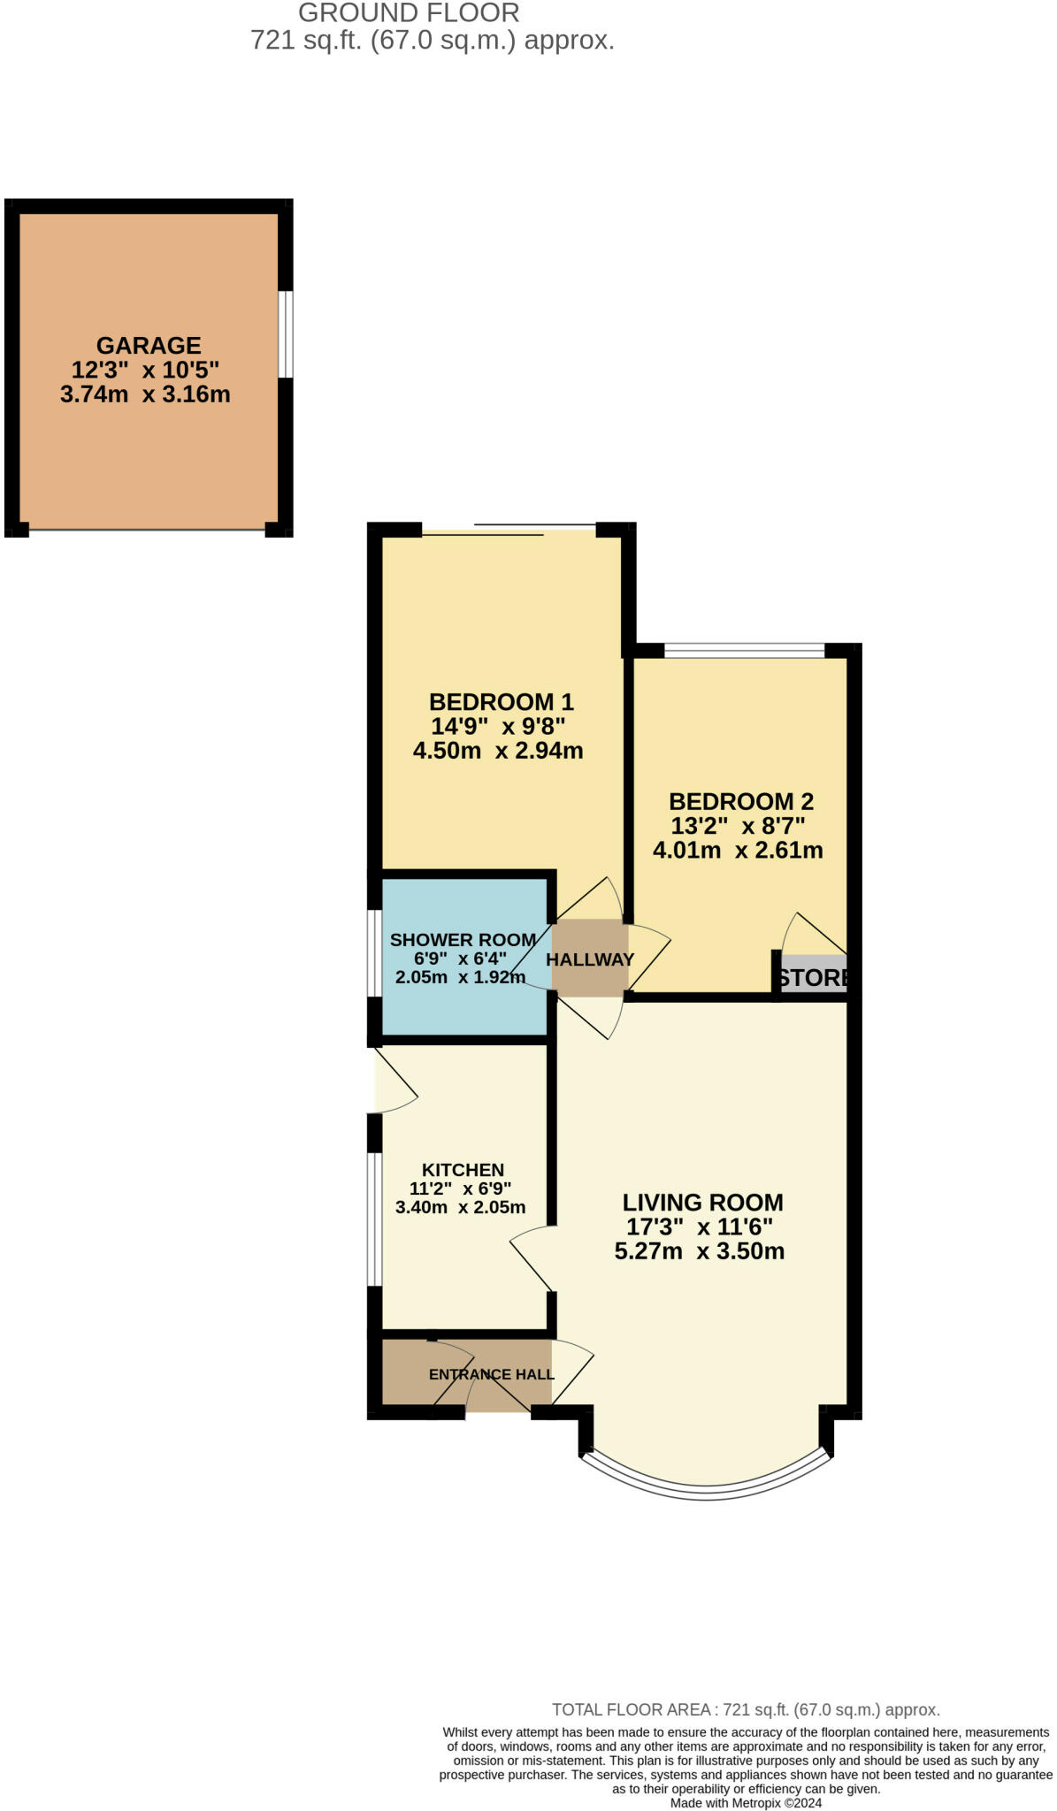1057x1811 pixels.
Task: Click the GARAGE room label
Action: (149, 346)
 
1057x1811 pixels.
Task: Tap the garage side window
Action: (286, 333)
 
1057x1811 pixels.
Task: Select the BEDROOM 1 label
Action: (501, 702)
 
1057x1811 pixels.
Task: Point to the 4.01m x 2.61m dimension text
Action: (738, 851)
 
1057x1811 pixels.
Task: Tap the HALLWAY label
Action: (590, 959)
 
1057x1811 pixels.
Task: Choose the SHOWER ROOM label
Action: (463, 940)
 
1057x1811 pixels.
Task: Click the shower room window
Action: (374, 952)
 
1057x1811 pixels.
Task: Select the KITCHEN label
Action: (463, 1170)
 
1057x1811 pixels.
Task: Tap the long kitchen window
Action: (374, 1219)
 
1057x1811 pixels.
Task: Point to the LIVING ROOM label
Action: (702, 1203)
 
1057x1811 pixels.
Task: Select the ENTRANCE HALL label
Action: (491, 1374)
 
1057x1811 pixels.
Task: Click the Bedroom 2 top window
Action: (744, 651)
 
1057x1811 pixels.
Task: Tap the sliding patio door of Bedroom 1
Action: (509, 531)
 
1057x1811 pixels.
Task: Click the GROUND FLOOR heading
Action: (409, 13)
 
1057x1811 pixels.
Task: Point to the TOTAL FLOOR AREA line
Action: (745, 1710)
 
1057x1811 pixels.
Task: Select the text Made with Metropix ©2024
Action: (746, 1802)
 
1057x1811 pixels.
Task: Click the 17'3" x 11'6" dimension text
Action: (699, 1227)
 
